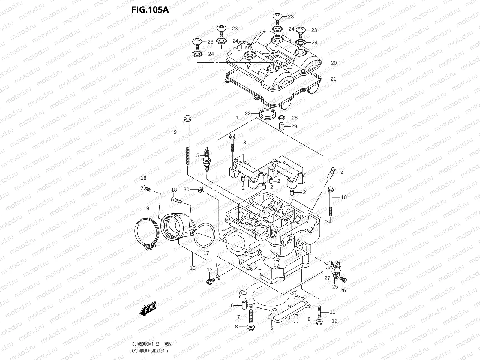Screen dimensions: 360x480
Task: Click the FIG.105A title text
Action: click(150, 10)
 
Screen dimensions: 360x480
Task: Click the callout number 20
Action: click(334, 63)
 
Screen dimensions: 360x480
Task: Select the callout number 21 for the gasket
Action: click(333, 79)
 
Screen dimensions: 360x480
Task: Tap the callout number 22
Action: click(247, 113)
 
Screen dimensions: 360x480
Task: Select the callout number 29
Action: click(294, 126)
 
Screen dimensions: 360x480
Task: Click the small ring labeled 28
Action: click(282, 117)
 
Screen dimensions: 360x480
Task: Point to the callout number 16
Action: click(193, 268)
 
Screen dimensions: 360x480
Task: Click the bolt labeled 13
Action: click(210, 281)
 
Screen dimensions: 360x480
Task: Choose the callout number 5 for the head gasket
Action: click(271, 328)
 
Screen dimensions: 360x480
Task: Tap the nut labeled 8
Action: click(250, 327)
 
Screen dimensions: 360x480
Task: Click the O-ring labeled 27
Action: click(329, 266)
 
